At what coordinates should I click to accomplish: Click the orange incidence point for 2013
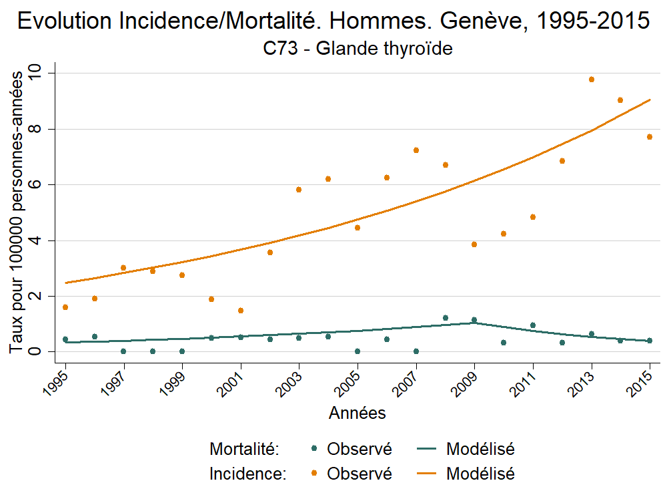[x=591, y=79]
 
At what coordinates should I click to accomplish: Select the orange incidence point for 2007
[x=416, y=150]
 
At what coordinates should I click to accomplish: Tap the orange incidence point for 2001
[x=241, y=311]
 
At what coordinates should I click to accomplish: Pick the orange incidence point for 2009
[x=474, y=244]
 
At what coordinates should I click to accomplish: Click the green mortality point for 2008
[x=446, y=318]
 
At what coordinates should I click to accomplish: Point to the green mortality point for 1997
[x=123, y=351]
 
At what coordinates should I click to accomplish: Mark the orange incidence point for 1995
[x=65, y=307]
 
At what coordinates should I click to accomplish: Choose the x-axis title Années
[x=358, y=413]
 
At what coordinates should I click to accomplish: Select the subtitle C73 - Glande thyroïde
[x=358, y=49]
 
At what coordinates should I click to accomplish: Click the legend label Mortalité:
[x=243, y=449]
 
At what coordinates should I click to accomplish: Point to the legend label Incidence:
[x=247, y=474]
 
